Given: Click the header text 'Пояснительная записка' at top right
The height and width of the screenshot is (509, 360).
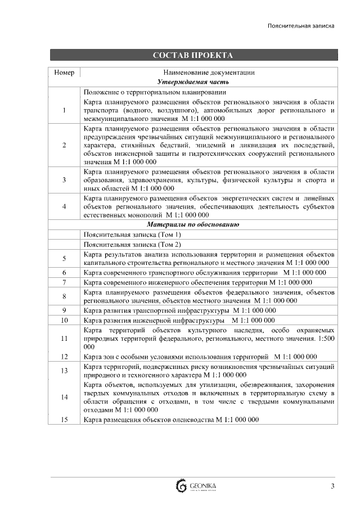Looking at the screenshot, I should [301, 26].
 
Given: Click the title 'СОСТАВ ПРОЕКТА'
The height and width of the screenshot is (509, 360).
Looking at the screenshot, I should [193, 55].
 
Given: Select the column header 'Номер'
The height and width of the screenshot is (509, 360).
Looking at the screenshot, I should [64, 73].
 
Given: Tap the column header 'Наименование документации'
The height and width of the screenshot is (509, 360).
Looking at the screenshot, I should [209, 73].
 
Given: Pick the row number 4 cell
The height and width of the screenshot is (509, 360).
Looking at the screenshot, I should [64, 206].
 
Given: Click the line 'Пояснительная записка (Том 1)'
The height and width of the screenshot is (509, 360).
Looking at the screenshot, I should [132, 235].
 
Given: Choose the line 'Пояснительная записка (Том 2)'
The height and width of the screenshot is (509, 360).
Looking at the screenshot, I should [132, 245].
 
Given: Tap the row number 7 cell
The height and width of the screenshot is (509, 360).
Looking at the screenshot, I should [64, 282].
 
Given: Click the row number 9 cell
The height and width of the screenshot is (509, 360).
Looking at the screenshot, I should [64, 310].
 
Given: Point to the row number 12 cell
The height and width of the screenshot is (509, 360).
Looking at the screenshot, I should [64, 357].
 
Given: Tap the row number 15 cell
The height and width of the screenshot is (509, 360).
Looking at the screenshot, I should [64, 420].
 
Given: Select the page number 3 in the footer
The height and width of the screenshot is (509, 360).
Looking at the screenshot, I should [332, 486].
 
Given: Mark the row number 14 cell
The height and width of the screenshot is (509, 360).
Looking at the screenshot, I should [64, 397].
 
